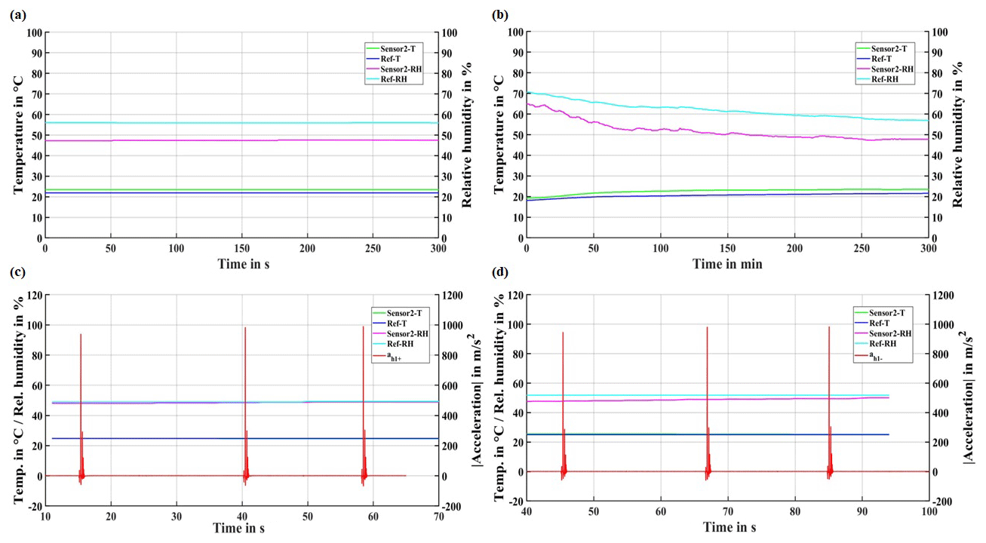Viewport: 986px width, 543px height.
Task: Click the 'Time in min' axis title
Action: pos(727,264)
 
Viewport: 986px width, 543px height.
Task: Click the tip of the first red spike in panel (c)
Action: pos(81,334)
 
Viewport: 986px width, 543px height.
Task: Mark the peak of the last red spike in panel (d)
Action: pos(829,327)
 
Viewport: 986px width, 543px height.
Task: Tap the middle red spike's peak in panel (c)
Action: pos(245,327)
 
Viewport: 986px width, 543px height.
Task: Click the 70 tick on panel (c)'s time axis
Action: pos(438,515)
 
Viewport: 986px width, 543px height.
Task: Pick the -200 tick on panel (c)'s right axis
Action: pos(453,506)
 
